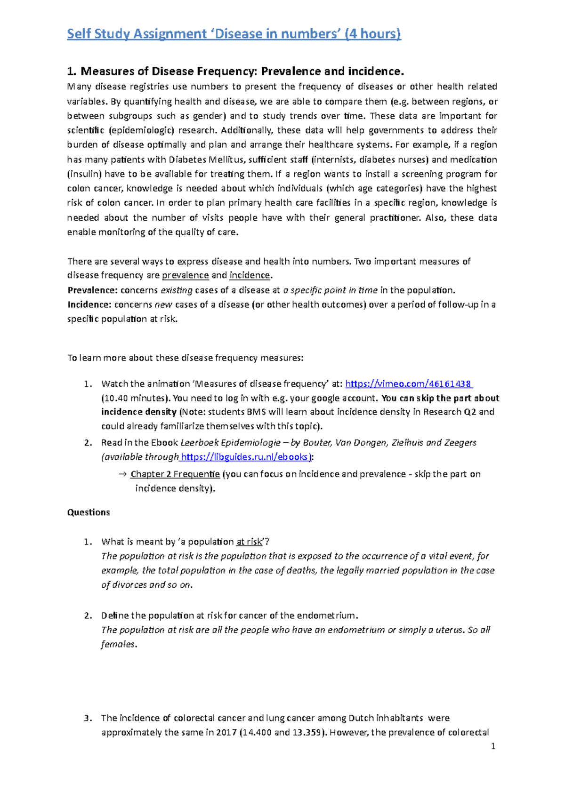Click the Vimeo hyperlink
click(x=408, y=384)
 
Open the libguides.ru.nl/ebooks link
click(x=245, y=456)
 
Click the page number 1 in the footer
click(x=493, y=746)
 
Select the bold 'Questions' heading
click(x=89, y=512)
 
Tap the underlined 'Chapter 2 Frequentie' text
click(x=175, y=474)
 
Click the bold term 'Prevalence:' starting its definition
click(x=92, y=290)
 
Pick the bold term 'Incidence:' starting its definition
click(x=89, y=304)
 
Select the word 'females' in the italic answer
click(x=118, y=644)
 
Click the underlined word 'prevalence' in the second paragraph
click(x=185, y=275)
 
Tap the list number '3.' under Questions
click(x=88, y=718)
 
